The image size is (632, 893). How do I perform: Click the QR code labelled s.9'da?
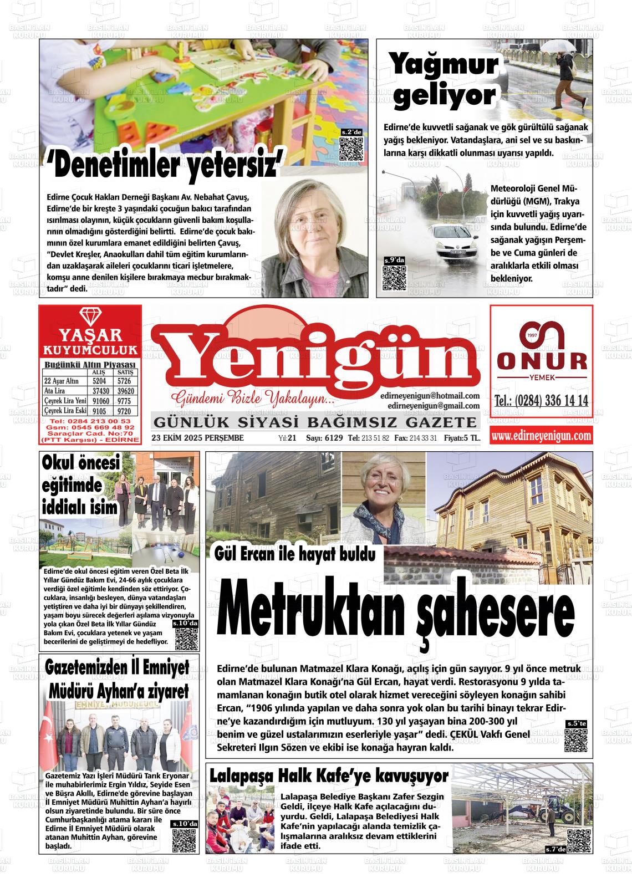395,277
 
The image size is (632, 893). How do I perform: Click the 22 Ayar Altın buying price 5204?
99,381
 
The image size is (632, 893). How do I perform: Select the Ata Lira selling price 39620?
125,391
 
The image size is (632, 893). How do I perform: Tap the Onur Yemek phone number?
541,401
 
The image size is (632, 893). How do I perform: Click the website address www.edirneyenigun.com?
541,436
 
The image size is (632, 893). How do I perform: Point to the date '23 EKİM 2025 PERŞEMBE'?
197,438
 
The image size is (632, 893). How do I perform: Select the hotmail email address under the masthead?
430,396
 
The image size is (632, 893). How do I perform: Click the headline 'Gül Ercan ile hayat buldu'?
295,553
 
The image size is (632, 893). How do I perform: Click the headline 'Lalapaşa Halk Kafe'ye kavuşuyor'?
329,775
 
